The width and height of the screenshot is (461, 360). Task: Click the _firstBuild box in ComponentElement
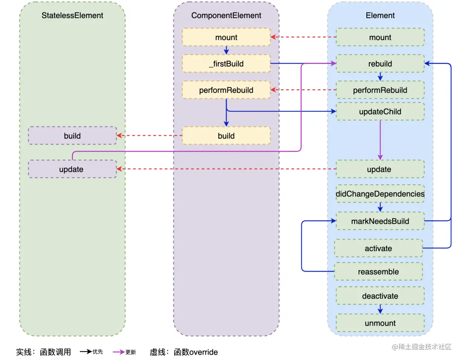(x=226, y=64)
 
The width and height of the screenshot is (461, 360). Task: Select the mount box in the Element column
(x=380, y=37)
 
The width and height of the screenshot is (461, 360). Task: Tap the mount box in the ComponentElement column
(x=226, y=37)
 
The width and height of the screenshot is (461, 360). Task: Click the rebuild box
(x=380, y=64)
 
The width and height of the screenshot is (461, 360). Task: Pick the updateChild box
(x=380, y=111)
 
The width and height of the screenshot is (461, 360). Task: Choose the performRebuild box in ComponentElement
(x=226, y=90)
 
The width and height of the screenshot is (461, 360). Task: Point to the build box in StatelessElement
(x=72, y=136)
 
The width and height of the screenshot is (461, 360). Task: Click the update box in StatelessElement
(x=72, y=169)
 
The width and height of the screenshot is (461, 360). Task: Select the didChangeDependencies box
(x=380, y=194)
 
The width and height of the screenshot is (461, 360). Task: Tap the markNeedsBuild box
(x=380, y=221)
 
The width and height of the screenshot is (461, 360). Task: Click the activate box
(x=378, y=248)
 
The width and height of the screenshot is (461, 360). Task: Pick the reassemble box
(x=378, y=272)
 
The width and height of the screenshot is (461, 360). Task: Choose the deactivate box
(x=380, y=296)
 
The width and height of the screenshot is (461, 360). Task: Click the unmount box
(x=380, y=323)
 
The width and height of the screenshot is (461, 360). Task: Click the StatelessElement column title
(x=72, y=15)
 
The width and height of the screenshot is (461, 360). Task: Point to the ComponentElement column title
(x=226, y=15)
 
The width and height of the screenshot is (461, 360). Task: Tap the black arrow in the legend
(x=86, y=351)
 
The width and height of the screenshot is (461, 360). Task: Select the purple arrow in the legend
(x=119, y=352)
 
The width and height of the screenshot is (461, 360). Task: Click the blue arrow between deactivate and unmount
(x=380, y=309)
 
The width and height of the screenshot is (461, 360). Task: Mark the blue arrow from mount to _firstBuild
(x=226, y=50)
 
